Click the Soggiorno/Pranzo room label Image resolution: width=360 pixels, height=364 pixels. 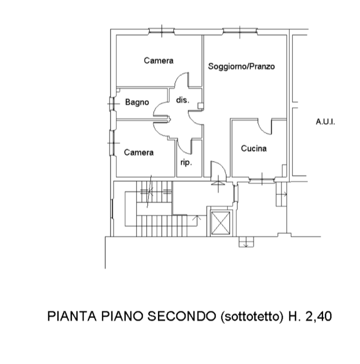point(241,67)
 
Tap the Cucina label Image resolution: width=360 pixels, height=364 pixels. point(253,148)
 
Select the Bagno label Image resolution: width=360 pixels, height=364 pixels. point(137,102)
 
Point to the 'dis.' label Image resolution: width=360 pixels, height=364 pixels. point(183,100)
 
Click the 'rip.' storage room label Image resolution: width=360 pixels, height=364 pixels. point(186,163)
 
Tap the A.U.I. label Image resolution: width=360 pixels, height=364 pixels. point(325,122)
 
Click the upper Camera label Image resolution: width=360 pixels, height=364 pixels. point(159,61)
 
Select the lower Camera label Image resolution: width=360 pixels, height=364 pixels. point(139,152)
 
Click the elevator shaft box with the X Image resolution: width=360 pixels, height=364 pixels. point(221,223)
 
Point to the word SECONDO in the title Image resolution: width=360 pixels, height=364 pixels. point(181,316)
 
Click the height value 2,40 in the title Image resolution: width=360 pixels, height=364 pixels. point(318,317)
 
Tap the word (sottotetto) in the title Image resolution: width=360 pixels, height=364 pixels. point(252,317)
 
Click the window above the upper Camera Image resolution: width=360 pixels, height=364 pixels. point(162,31)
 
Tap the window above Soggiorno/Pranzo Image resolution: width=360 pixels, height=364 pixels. point(240,31)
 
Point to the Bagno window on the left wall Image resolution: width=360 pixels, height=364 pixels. point(112,104)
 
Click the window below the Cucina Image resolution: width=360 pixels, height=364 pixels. point(262,180)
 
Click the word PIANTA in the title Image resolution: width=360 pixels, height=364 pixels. point(72,316)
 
